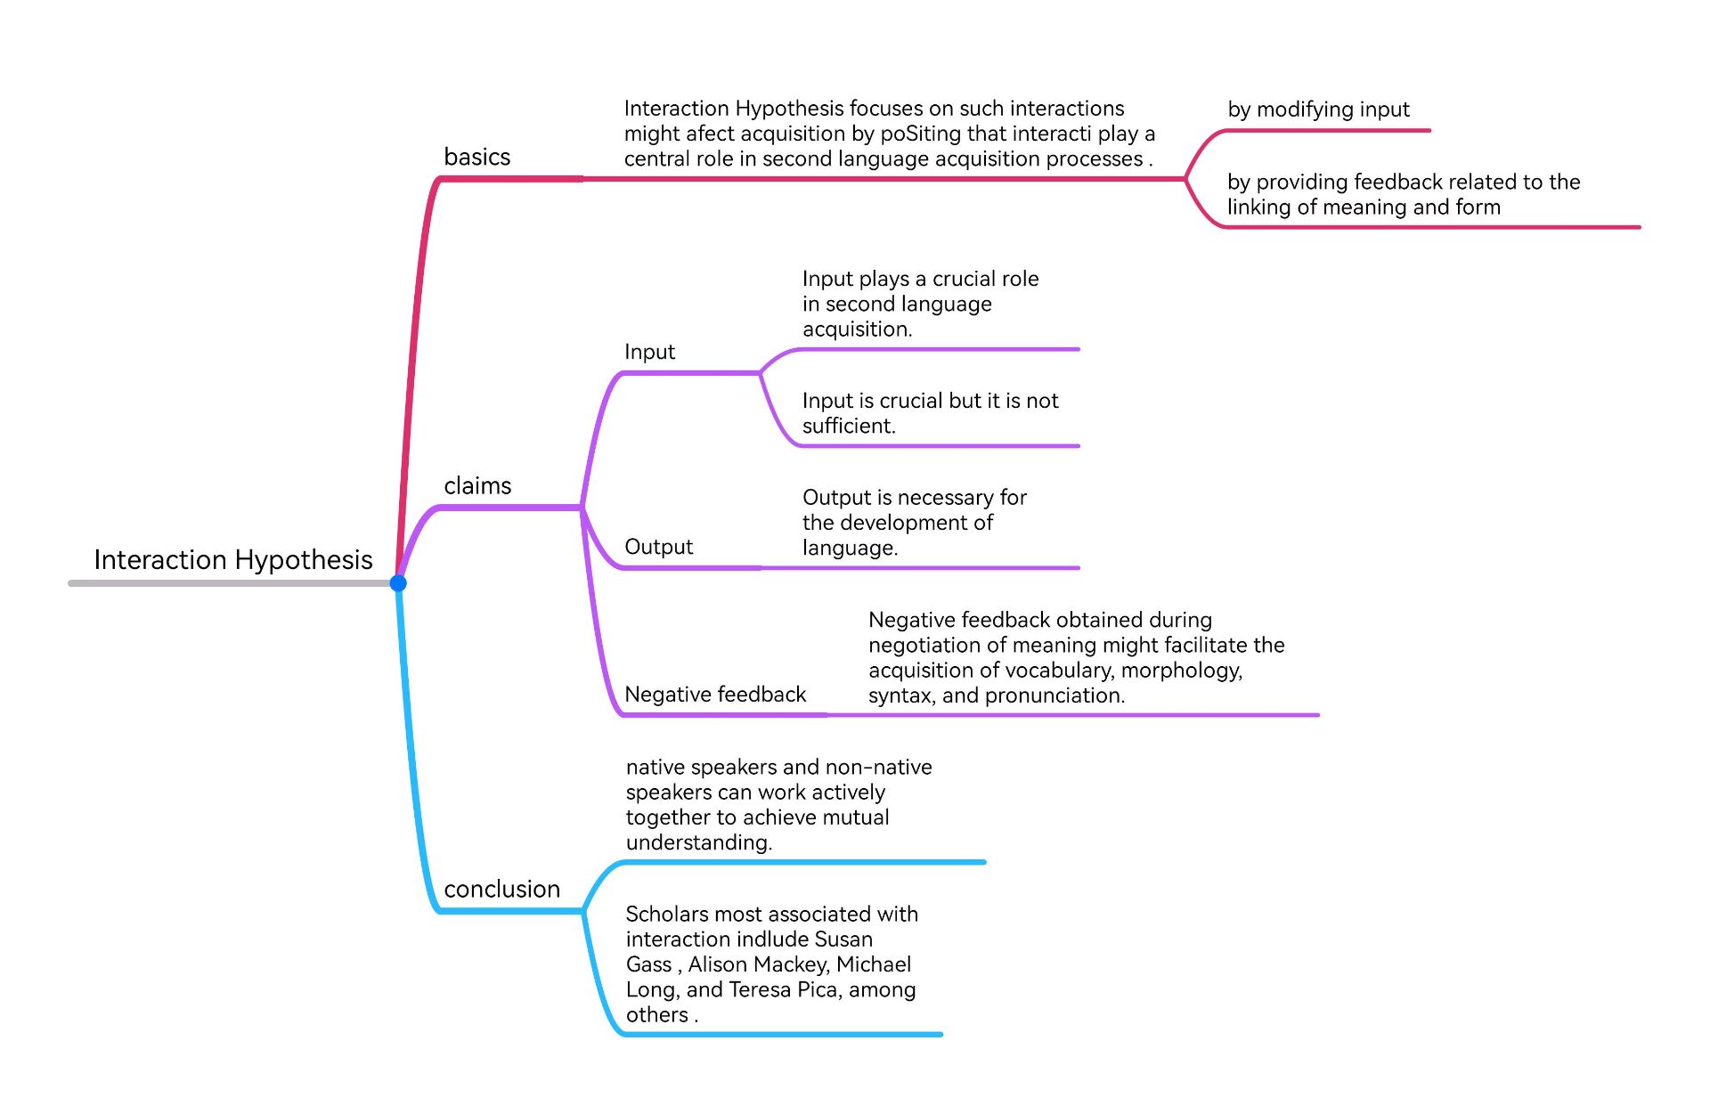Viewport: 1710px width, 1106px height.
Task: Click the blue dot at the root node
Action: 398,583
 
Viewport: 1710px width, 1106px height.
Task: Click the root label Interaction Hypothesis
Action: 233,559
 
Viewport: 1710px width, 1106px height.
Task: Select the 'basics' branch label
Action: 476,157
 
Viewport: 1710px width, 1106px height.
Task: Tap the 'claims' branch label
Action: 477,485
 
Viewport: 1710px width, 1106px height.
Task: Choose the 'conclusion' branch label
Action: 501,889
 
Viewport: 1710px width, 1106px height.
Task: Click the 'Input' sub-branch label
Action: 649,352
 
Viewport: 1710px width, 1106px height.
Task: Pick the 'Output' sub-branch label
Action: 658,547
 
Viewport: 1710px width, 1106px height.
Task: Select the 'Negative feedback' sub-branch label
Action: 715,695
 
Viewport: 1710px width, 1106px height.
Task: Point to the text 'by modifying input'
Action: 1318,110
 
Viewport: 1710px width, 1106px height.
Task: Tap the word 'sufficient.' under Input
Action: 849,426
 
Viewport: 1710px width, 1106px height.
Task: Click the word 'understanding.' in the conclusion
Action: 698,842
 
